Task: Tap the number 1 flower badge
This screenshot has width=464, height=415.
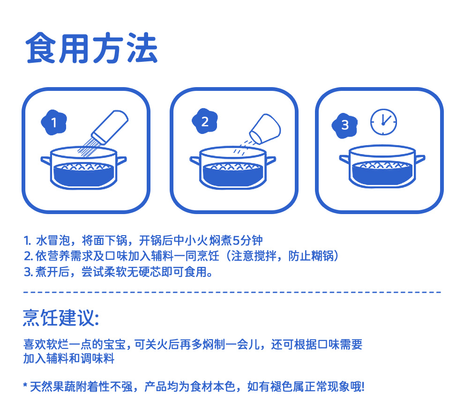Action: point(54,122)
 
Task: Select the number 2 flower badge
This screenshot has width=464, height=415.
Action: point(205,121)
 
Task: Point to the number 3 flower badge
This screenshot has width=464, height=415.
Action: point(345,126)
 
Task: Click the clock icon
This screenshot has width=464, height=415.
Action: point(383,122)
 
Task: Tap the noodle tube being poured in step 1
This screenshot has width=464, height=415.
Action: point(110,127)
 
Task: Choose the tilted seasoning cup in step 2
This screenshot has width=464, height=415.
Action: point(265,129)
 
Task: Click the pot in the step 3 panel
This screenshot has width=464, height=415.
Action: point(382,166)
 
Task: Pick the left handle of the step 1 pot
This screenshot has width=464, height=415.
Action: point(46,161)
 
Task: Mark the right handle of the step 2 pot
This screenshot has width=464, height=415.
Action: point(270,161)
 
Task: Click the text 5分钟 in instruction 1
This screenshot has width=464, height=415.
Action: point(247,240)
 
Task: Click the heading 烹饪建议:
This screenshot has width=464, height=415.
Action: point(61,318)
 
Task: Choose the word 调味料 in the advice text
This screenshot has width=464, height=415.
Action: point(97,358)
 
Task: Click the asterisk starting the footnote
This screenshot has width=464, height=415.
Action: point(25,385)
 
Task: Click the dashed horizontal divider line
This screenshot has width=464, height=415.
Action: point(232,292)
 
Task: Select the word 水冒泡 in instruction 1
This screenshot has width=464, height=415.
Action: point(53,240)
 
